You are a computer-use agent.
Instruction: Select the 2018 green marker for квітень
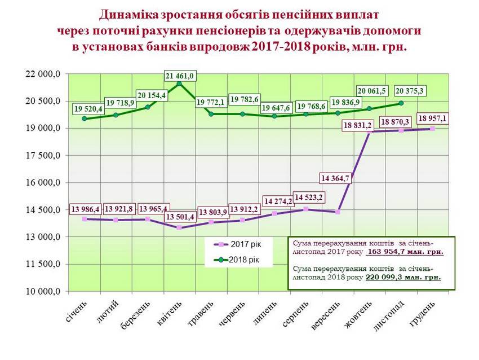point(179,84)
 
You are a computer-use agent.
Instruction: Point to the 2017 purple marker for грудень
point(432,129)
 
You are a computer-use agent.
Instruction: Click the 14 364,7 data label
point(336,178)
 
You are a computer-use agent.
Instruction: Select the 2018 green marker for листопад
point(401,103)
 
